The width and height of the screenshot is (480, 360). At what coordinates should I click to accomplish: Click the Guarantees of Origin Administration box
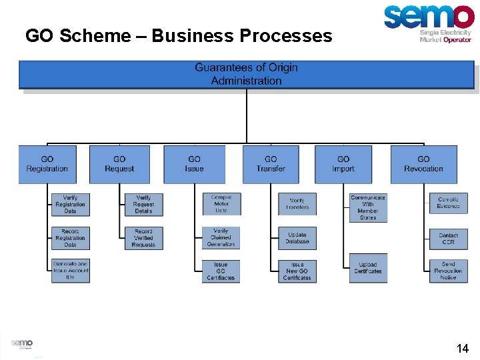(246, 75)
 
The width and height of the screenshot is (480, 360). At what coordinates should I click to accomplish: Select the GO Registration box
(47, 164)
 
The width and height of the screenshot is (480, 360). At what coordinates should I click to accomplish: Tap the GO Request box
(119, 164)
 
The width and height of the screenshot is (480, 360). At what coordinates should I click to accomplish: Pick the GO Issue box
(194, 164)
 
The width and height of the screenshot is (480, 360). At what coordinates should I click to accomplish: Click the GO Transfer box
(270, 164)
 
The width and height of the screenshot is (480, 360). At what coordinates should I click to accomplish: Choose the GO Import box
(343, 164)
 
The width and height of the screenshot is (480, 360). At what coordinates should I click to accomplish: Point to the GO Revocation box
(423, 164)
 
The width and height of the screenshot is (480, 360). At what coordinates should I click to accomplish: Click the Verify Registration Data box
(71, 205)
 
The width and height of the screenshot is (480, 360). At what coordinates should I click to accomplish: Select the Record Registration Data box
(71, 238)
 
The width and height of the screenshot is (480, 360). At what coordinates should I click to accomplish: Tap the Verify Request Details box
(143, 205)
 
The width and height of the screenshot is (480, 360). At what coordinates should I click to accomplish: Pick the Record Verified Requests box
(143, 238)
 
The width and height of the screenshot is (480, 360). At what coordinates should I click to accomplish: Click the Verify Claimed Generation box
(221, 238)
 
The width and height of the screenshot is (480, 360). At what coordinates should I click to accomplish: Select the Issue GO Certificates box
(221, 271)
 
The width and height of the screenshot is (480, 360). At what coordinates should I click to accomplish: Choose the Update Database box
(297, 238)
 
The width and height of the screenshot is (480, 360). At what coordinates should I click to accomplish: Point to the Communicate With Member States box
(368, 208)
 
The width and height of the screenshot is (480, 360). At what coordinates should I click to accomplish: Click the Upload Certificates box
(368, 268)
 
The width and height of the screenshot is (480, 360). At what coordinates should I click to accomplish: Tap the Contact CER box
(449, 238)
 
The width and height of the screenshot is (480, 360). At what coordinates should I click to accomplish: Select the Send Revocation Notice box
(449, 271)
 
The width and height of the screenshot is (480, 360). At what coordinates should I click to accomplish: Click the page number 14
(462, 348)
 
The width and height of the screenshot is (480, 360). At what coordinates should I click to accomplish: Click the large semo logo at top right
(429, 18)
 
